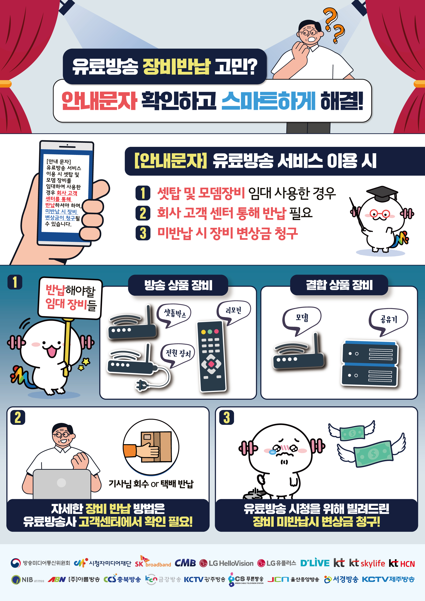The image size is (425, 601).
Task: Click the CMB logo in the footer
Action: [185, 563]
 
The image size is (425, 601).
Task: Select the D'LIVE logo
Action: [315, 563]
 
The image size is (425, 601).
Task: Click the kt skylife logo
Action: [367, 563]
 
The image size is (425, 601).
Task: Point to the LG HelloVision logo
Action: [226, 563]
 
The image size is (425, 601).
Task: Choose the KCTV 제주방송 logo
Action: [388, 579]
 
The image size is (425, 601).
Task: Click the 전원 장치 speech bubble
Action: [178, 355]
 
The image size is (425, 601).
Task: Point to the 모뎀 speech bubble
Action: [302, 320]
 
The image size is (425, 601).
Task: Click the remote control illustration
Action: [211, 356]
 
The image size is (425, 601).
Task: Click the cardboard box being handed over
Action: [156, 446]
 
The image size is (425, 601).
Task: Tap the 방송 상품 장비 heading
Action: [178, 285]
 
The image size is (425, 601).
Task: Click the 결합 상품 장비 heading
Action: [339, 285]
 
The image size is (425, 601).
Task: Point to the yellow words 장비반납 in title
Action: [176, 67]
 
